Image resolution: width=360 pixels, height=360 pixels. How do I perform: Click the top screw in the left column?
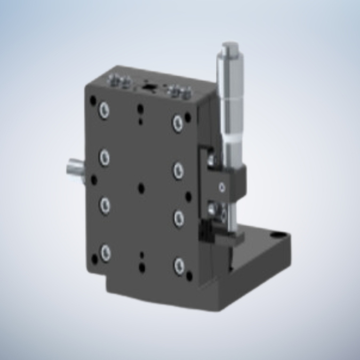tap(104, 110)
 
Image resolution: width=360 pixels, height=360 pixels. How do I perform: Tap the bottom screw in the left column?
tap(105, 252)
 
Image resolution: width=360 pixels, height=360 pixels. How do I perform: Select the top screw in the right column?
tap(178, 122)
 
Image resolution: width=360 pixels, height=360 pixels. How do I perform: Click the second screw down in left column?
tap(105, 157)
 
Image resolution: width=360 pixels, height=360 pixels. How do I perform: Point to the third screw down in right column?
tap(178, 217)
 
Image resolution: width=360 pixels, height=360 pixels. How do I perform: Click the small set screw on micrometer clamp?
tap(222, 187)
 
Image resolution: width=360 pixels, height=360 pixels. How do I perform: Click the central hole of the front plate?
tap(141, 188)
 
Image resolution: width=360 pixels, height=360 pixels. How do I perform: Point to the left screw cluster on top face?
tap(119, 82)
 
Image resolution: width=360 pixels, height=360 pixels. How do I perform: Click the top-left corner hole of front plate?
tap(93, 100)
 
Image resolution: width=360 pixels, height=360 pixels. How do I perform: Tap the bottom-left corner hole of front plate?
tap(94, 260)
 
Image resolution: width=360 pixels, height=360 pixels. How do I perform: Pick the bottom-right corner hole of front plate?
tap(189, 276)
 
